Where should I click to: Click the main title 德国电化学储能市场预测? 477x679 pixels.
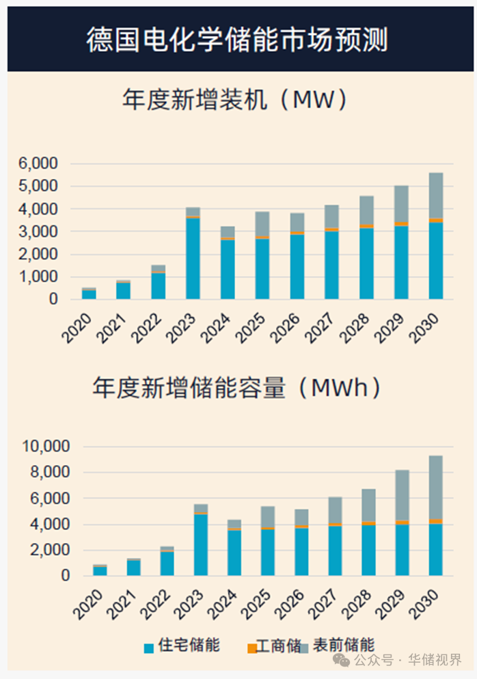[238, 40]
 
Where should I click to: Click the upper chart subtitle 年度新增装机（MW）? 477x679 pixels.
[236, 100]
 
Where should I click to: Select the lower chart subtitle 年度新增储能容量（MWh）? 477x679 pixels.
[236, 387]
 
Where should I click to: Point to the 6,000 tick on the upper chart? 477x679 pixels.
[39, 163]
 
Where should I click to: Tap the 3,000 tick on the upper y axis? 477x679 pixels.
[39, 232]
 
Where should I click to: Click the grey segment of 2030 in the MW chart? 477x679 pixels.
[436, 195]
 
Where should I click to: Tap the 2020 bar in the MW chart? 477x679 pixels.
[89, 294]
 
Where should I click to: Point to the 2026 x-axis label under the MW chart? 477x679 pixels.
[288, 327]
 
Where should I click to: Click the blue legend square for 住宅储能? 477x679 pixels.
[148, 648]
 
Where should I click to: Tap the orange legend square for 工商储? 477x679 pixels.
[252, 648]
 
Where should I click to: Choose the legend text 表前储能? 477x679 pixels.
[344, 645]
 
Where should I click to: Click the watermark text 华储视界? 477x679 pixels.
[435, 660]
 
